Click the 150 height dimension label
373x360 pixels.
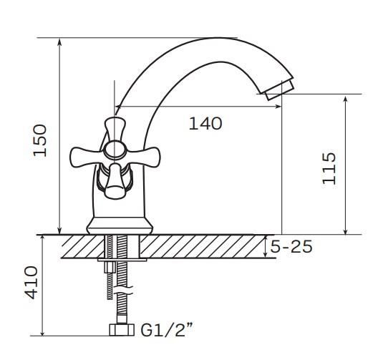pos(39,140)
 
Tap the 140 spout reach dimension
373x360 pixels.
pos(205,123)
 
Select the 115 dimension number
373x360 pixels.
pos(329,168)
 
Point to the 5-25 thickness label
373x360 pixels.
pos(291,246)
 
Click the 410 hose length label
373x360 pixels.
pos(31,283)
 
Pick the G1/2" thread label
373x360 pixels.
pos(167,329)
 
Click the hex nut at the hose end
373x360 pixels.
pos(122,330)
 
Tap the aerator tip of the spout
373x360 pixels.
pos(279,90)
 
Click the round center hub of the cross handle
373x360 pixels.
pos(115,150)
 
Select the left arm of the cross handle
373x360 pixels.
pos(84,156)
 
